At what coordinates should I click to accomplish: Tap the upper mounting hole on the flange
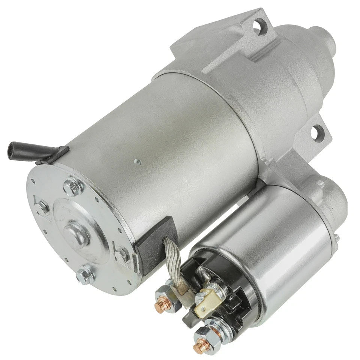(x=258, y=27)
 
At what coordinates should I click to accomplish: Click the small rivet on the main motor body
(x=137, y=162)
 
